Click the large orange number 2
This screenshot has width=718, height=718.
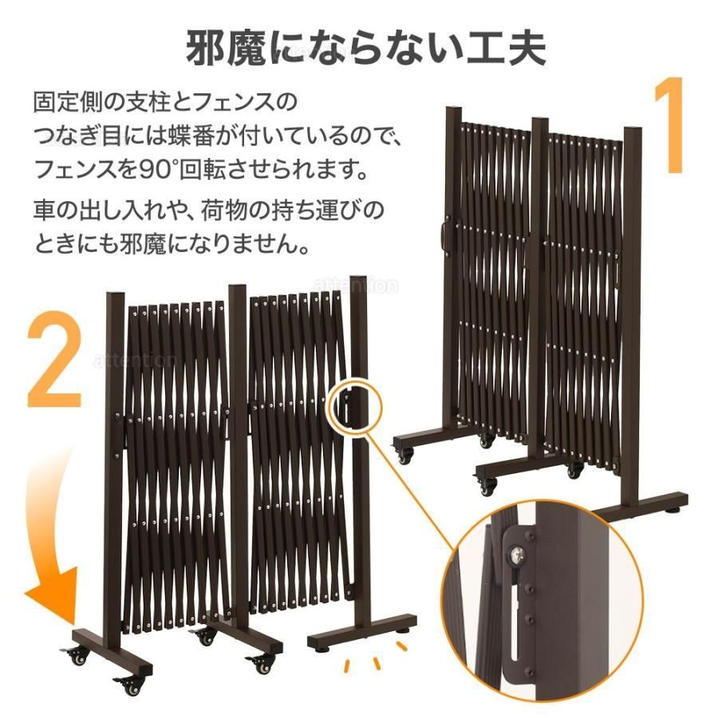(x=54, y=360)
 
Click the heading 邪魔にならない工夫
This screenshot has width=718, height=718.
(x=365, y=48)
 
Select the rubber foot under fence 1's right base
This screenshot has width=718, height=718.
(x=674, y=508)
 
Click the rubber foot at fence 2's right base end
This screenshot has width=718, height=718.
(x=403, y=632)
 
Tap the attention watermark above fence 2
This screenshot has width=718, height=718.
(x=356, y=286)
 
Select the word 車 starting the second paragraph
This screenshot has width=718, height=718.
(x=44, y=210)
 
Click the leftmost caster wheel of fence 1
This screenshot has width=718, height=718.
(x=404, y=455)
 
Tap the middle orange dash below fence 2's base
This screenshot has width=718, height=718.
(x=377, y=663)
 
